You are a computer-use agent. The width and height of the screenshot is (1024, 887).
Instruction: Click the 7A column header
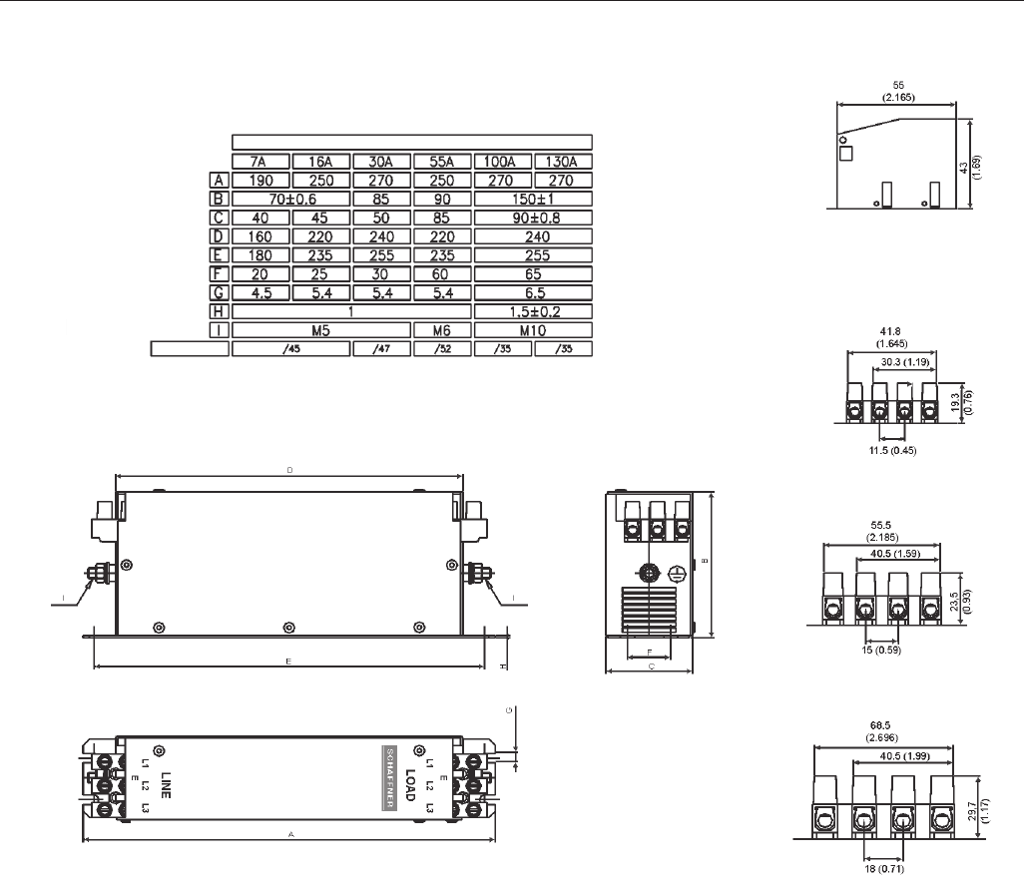point(260,162)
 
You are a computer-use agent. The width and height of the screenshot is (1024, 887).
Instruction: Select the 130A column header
point(563,162)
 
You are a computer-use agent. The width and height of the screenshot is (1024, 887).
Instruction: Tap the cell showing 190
point(260,181)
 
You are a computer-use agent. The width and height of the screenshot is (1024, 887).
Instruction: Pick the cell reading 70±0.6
point(290,199)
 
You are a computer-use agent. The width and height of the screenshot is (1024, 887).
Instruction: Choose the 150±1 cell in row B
point(533,199)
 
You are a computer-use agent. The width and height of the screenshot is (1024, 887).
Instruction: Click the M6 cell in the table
point(442,329)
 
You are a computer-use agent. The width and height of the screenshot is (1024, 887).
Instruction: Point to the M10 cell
point(533,329)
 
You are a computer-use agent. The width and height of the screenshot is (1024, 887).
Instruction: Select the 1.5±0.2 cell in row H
point(533,311)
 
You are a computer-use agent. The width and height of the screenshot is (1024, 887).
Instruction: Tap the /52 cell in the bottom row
point(442,348)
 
